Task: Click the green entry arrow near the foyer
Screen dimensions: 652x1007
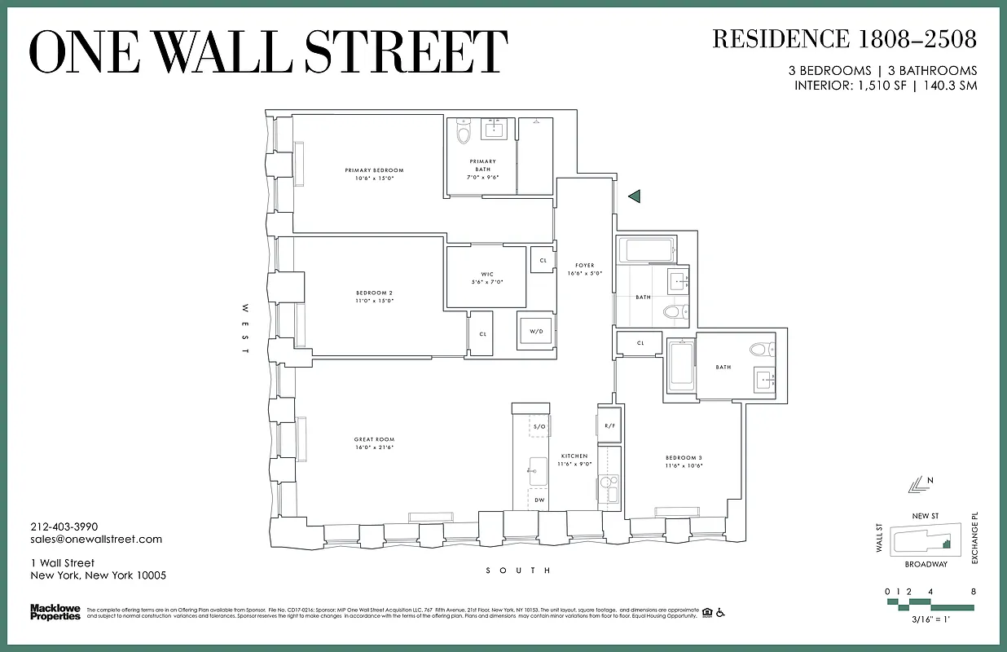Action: point(634,196)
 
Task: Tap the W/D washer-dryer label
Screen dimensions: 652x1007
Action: point(536,331)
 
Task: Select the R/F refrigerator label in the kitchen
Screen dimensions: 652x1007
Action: point(609,425)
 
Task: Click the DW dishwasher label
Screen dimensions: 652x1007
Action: point(539,500)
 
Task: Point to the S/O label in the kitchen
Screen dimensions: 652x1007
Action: point(539,426)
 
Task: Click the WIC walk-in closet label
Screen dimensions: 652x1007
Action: point(487,274)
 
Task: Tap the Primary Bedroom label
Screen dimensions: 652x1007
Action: point(374,170)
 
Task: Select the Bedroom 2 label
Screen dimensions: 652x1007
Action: point(374,293)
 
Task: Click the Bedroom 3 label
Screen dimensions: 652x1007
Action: point(683,458)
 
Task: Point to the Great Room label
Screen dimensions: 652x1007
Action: point(374,440)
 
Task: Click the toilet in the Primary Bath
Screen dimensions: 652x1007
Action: point(464,133)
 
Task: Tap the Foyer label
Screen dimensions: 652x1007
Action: point(584,266)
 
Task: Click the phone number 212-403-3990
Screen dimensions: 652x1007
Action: point(64,527)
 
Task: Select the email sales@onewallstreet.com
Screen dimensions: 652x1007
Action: point(96,540)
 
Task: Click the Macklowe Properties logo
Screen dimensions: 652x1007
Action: point(55,611)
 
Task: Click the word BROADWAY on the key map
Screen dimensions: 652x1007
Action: point(926,564)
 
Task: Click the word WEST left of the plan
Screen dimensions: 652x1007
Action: point(244,328)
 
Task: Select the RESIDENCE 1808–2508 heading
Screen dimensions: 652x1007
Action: point(844,38)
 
